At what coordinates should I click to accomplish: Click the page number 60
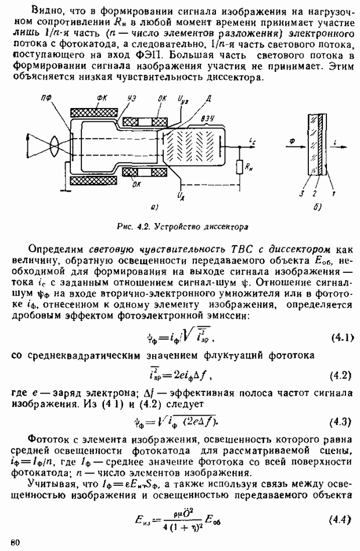point(15,542)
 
